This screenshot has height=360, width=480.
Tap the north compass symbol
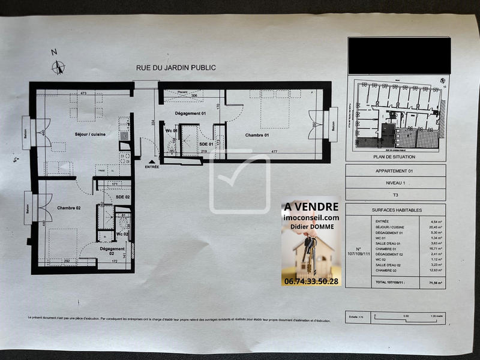pos(58,67)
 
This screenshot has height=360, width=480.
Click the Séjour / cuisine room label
pos(90,134)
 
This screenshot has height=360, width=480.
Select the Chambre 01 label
pos(257,135)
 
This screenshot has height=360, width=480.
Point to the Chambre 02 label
pos(70,208)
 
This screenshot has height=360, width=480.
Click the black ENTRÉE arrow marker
pos(152,161)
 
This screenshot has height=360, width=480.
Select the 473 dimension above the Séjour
pos(83,93)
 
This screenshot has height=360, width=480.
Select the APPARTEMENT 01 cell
pos(396,171)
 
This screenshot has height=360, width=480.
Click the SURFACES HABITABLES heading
pos(396,211)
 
